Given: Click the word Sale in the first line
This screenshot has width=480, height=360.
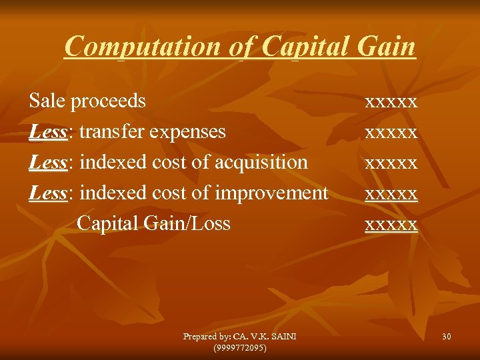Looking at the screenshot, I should (47, 101).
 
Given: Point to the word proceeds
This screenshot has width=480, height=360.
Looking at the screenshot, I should (108, 101).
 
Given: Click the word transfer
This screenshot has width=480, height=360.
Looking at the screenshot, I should (113, 131).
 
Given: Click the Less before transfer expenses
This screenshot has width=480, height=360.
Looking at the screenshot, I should (47, 131).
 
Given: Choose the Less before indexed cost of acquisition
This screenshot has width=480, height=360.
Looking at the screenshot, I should (47, 162).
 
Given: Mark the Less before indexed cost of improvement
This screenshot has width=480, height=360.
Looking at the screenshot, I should (47, 193).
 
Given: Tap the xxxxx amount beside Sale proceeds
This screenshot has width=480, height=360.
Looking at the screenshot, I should (391, 101).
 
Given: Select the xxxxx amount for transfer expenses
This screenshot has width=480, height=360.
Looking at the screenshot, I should (391, 132).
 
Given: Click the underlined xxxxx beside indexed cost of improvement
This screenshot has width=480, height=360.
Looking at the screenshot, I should (391, 193).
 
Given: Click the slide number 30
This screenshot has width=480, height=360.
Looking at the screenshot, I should (446, 337).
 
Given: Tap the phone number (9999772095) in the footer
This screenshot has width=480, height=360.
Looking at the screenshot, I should (240, 347).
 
